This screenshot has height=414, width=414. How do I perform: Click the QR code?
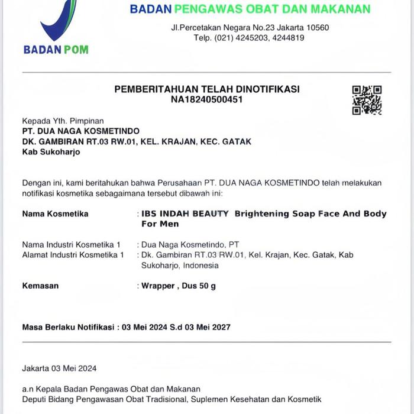pos(367,100)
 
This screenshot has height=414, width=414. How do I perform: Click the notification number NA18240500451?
pos(206,99)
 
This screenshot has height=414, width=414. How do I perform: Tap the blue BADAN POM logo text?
pos(56,50)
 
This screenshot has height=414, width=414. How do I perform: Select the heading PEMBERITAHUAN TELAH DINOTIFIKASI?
pos(206,89)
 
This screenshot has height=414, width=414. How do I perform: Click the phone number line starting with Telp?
pos(249,38)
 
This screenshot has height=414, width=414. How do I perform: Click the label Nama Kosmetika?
pos(55,214)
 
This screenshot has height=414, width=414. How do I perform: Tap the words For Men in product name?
pos(160,224)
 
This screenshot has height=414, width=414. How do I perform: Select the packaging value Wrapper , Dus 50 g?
pos(179,286)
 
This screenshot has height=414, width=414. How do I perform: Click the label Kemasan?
pos(40,286)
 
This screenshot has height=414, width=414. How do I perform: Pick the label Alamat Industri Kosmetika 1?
pos(73,255)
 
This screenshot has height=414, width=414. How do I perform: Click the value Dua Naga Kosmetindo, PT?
pos(190,244)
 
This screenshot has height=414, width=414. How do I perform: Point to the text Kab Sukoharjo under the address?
pos(51,152)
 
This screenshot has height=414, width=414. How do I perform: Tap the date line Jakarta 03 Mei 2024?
pos(59,368)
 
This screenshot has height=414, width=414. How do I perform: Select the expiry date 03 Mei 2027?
pos(206,327)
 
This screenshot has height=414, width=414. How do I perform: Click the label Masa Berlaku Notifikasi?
pos(67,327)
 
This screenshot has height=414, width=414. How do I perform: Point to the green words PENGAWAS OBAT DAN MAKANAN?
pos(273,9)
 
